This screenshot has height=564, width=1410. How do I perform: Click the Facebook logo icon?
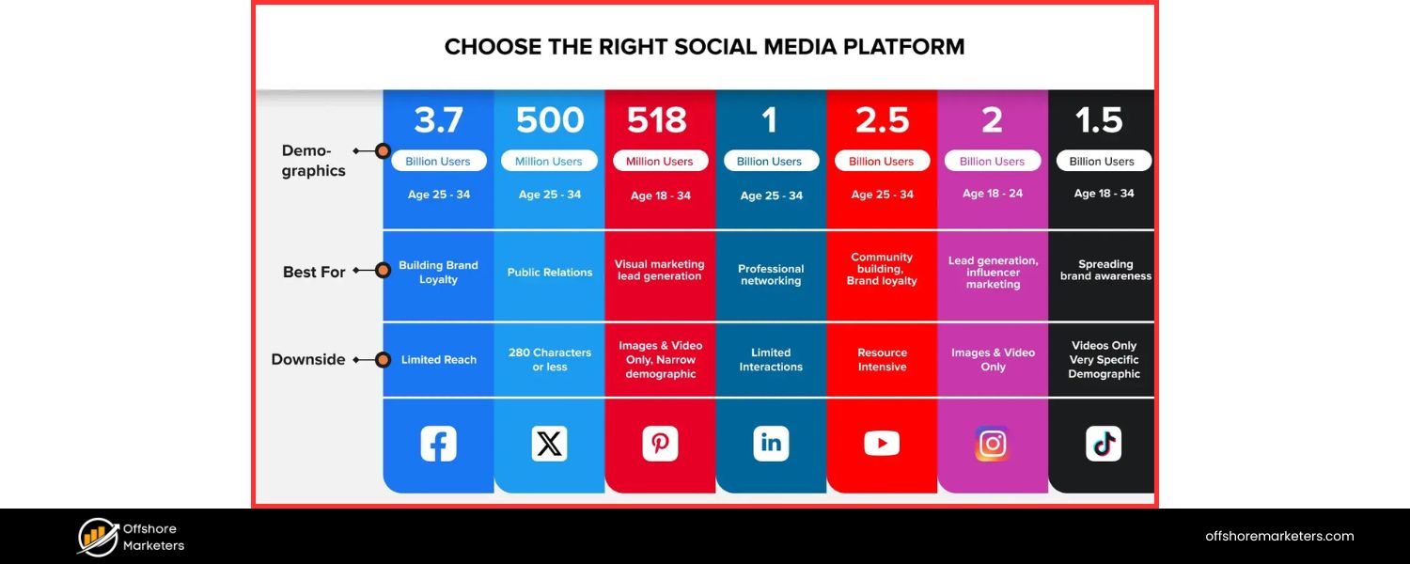point(438,443)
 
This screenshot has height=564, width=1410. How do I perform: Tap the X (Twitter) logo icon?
point(549,443)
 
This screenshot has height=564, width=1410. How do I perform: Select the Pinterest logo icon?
point(660,443)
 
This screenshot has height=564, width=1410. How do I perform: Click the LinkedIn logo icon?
point(771,443)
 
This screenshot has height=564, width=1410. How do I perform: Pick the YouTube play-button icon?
point(882,443)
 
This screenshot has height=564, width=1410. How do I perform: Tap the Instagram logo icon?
point(992,443)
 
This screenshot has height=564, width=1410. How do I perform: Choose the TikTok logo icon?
point(1104,443)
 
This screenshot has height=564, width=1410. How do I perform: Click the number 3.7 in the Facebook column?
point(439,120)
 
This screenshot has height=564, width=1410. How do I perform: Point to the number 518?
point(658,120)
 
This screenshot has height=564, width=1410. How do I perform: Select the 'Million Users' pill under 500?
point(549,161)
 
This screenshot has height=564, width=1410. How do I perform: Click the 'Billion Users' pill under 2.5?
point(882,161)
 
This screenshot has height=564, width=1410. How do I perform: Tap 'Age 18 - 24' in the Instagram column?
point(993,194)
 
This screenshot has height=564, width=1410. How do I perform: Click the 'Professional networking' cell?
point(771,274)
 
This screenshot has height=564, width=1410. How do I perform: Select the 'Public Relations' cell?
point(550,273)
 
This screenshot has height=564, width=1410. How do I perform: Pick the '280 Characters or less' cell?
point(550,359)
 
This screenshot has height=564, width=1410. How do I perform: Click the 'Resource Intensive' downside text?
point(882,359)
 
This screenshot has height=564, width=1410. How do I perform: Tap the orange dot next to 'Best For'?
point(383,271)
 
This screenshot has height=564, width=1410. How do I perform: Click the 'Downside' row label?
point(308,359)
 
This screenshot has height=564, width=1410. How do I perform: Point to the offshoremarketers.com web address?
point(1279,537)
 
